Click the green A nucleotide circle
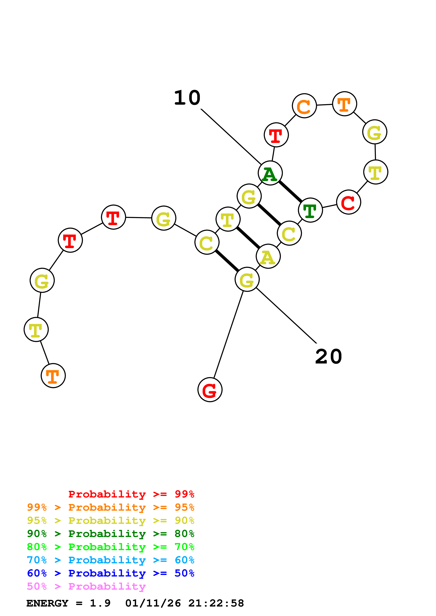pos(270,173)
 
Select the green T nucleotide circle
pos(310,210)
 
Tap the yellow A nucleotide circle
pos(268,256)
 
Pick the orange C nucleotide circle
pos(304,106)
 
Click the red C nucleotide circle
pos(348,202)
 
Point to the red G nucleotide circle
pos(210,389)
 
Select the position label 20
pos(329,357)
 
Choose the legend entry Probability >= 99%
pos(131,494)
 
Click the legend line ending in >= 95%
pos(110,507)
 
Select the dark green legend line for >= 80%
pos(110,534)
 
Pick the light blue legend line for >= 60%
pos(110,560)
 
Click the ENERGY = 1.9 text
pos(68,603)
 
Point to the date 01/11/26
pos(153,603)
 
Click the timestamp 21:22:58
pos(216,603)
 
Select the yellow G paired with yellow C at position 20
pos(247,279)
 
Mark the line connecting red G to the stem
pos(228,334)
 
